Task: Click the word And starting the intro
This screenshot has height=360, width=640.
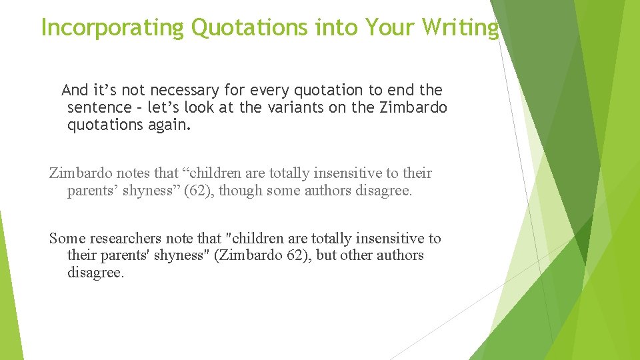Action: [x=75, y=90]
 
